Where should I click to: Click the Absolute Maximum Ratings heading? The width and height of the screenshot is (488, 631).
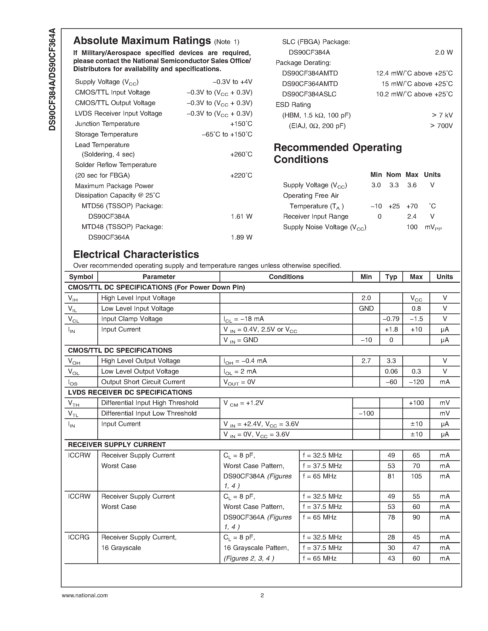point(142,41)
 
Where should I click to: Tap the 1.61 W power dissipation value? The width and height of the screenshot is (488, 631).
point(241,216)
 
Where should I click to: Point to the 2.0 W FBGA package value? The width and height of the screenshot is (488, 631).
point(443,53)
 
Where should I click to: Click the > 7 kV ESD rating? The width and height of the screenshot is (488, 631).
point(442,115)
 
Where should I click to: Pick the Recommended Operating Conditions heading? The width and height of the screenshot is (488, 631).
point(337,154)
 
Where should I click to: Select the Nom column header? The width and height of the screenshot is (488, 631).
point(393,175)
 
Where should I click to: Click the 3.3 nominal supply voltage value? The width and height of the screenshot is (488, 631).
point(394,185)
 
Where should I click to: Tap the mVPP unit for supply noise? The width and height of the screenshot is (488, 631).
point(433,227)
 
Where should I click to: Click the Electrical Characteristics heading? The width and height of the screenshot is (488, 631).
point(136,254)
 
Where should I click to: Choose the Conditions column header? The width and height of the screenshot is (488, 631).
point(286,277)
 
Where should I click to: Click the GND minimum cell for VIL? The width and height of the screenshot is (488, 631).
point(366,309)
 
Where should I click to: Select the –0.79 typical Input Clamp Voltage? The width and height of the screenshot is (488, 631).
point(391,319)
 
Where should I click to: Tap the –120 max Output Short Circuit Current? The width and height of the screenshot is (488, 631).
point(416,382)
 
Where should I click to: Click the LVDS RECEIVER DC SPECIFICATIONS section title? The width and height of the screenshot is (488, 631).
point(130,392)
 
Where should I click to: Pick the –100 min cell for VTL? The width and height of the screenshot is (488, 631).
point(366,413)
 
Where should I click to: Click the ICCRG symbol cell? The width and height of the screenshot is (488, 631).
point(79,537)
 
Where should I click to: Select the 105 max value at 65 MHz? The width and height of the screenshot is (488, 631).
point(416,476)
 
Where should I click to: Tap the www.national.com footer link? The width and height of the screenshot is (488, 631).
point(85,595)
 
